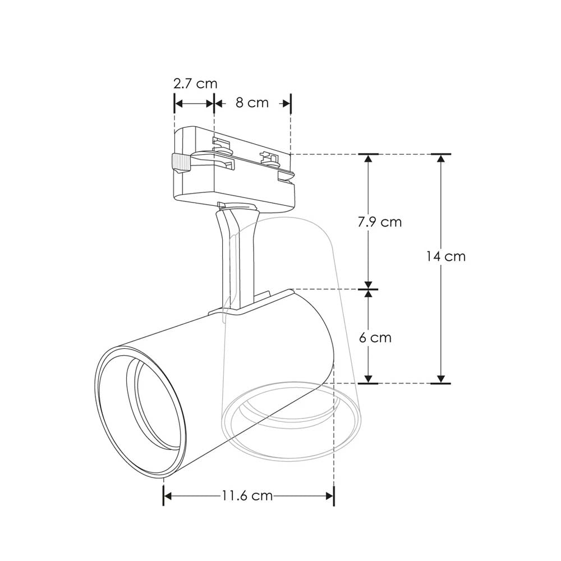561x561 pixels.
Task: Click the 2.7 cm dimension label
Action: pyautogui.click(x=195, y=84)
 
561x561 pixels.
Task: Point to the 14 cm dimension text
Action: pyautogui.click(x=446, y=256)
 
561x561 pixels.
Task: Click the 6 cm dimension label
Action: pyautogui.click(x=374, y=338)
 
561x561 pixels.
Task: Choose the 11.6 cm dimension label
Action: pyautogui.click(x=247, y=495)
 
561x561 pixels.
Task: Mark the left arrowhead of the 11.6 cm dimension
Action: pyautogui.click(x=167, y=495)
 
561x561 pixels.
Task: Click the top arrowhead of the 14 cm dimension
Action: pyautogui.click(x=441, y=159)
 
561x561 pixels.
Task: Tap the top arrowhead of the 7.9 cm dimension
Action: pyautogui.click(x=369, y=159)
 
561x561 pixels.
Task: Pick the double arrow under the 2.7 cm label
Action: pyautogui.click(x=195, y=103)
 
